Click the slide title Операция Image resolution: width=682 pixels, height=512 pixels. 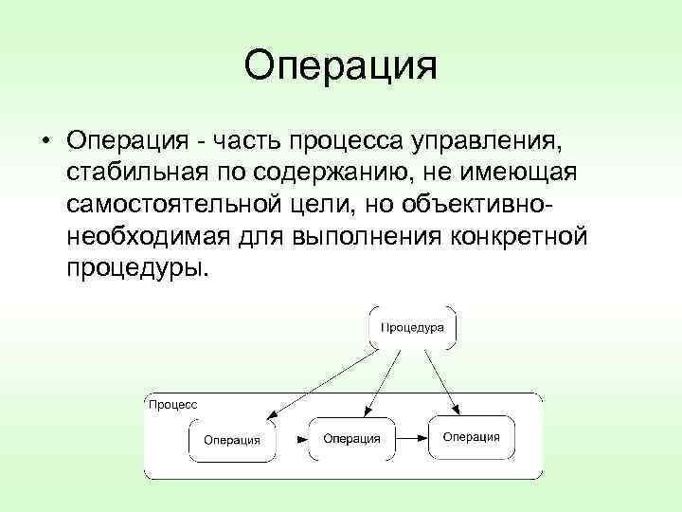pyautogui.click(x=340, y=67)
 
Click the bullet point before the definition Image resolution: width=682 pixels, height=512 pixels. pyautogui.click(x=45, y=142)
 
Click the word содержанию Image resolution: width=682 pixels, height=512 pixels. pyautogui.click(x=337, y=174)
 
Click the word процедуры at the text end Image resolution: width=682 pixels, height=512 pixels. pyautogui.click(x=135, y=266)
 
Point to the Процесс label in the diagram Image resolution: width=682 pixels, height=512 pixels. pyautogui.click(x=172, y=404)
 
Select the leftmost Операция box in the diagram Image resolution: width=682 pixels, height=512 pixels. pyautogui.click(x=232, y=440)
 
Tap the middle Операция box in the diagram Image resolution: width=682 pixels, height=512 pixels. pyautogui.click(x=351, y=438)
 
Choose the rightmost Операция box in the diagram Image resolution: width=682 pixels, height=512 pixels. pyautogui.click(x=471, y=436)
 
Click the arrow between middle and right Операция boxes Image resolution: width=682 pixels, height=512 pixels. pyautogui.click(x=410, y=438)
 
